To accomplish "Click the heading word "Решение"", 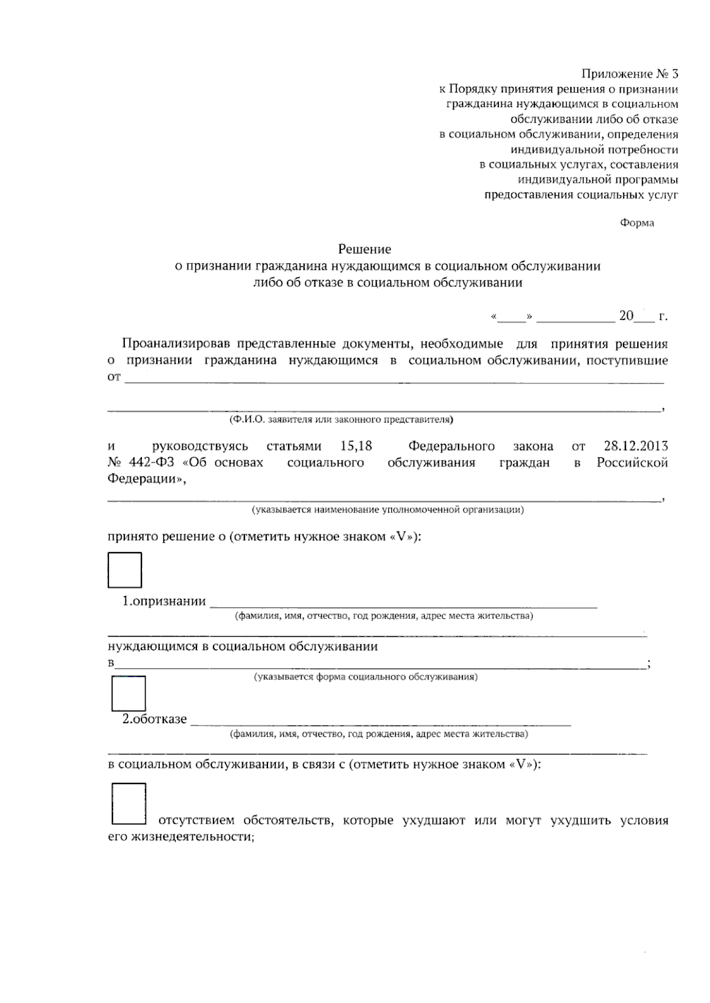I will (x=364, y=250).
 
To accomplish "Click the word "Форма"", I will (x=637, y=223).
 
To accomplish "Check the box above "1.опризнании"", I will (x=125, y=570).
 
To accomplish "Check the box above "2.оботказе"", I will (x=128, y=693).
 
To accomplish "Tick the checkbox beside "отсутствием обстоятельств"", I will (x=128, y=804).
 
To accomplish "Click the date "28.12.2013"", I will (x=636, y=446).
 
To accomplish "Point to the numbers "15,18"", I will (x=356, y=446).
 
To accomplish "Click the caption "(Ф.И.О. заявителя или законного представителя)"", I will (x=341, y=420).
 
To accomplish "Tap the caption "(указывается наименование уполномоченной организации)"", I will (x=388, y=509).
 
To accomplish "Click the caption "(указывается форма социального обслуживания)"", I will (x=365, y=677).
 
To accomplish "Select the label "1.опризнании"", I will (x=164, y=602).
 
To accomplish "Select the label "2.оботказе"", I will (x=154, y=720).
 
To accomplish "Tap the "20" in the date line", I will (x=626, y=316).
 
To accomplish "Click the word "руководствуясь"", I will (x=200, y=446).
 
